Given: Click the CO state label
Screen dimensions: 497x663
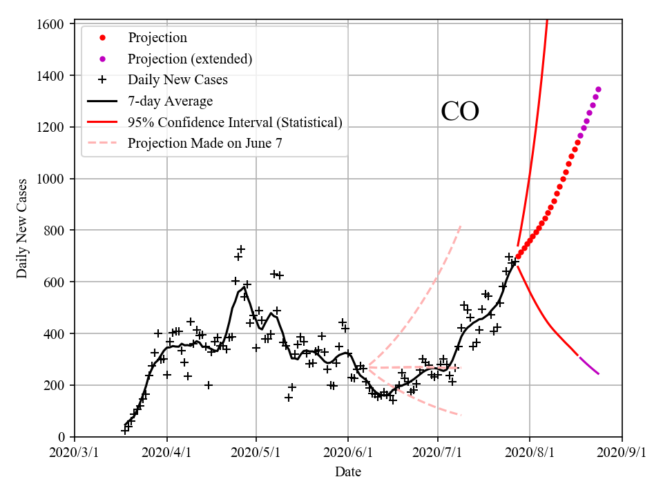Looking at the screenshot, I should pos(460,112).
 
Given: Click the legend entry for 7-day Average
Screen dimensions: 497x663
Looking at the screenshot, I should pos(170,101).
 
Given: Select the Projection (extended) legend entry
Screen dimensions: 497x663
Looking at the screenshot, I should pos(190,59).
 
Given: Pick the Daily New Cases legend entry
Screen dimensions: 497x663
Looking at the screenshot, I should pos(177,79).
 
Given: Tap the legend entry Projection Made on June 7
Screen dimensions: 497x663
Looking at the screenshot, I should pos(205,144).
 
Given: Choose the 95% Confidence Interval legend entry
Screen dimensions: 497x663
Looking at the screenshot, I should pos(235,122).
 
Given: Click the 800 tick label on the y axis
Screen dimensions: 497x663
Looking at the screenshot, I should pos(53,230).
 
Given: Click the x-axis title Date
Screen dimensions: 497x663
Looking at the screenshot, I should pos(348,472).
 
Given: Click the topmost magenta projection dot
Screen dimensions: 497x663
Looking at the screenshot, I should pos(598,89).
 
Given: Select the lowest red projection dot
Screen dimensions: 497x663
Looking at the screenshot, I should pos(518,256).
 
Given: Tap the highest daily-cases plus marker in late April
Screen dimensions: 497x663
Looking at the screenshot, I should pos(241,249).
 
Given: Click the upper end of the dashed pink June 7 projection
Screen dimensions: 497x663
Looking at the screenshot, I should pos(461,226).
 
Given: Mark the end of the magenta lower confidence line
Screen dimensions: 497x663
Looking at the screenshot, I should pos(599,374).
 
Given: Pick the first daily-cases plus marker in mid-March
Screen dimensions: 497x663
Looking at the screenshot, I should pos(125,431).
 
